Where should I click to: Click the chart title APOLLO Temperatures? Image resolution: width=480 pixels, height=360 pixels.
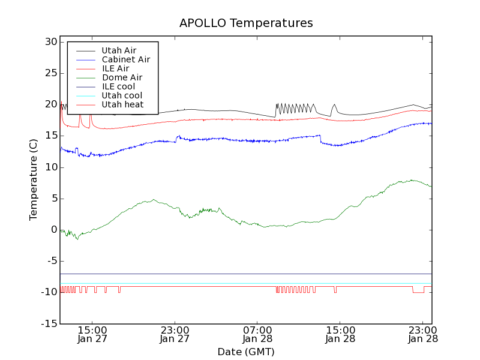246,23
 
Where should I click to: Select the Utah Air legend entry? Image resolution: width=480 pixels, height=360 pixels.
119,50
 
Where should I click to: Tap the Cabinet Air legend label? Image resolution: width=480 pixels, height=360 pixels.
125,59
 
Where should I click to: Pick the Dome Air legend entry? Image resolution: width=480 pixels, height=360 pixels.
122,77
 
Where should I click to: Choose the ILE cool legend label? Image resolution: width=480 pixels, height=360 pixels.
118,86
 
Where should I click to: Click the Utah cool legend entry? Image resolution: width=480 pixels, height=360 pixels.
122,95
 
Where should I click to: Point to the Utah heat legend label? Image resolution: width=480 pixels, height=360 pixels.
122,104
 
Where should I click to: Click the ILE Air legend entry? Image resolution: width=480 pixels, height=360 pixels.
115,68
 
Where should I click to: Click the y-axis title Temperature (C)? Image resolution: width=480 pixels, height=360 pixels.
34,179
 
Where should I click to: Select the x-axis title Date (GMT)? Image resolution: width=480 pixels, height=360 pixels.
246,352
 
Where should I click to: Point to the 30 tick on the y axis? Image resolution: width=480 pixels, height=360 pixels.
50,42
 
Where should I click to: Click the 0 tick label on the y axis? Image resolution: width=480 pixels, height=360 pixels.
53,230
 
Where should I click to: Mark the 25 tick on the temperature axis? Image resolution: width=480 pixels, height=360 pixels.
50,73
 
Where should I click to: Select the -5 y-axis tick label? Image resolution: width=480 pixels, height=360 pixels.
50,261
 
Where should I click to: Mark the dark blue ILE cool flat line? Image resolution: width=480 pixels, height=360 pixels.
240,274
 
